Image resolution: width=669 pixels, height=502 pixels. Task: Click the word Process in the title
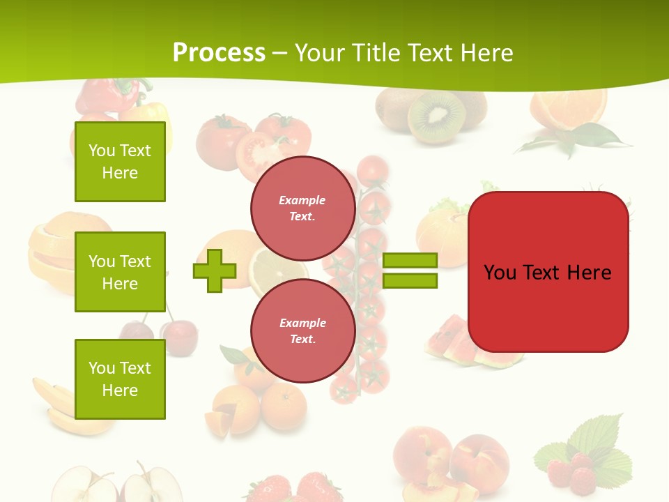219,53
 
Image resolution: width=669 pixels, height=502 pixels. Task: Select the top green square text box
120,162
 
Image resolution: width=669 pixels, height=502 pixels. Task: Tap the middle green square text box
120,272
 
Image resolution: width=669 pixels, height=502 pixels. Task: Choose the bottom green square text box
120,379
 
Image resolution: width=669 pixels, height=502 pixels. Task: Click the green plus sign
215,271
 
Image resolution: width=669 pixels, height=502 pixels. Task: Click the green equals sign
410,271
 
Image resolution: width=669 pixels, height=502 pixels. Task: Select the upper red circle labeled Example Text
302,208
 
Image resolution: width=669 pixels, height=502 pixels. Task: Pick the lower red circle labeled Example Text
302,330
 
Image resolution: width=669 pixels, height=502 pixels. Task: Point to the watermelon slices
453,342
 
